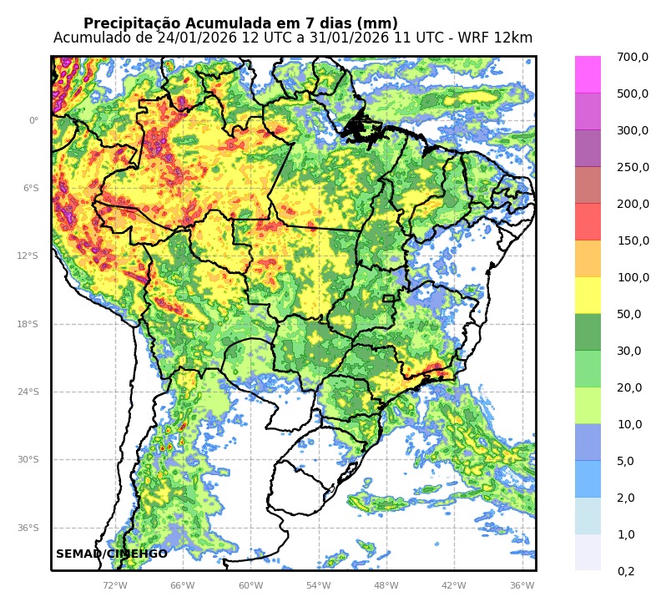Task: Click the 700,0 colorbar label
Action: coord(632,57)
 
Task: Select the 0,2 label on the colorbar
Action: coord(625,571)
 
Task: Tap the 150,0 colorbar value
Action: coord(632,240)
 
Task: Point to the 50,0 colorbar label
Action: coord(628,314)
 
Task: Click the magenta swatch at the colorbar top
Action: coord(588,74)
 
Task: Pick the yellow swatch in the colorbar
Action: coord(588,295)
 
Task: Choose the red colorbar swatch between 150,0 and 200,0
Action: coord(588,221)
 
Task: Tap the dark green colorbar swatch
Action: coord(588,331)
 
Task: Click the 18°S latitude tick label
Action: coord(28,324)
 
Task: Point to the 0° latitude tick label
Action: coord(33,120)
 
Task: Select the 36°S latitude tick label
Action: coord(28,528)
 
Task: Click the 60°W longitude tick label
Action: coord(250,585)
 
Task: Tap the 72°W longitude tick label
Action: coord(114,585)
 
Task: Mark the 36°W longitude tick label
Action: coord(522,585)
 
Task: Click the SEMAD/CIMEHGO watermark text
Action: coord(112,554)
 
